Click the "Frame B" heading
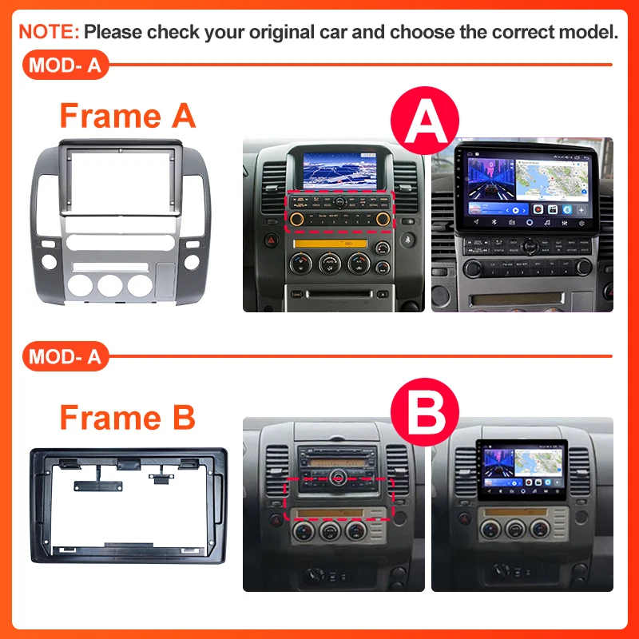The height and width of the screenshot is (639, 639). click(128, 417)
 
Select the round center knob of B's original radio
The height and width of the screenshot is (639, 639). click(339, 478)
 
